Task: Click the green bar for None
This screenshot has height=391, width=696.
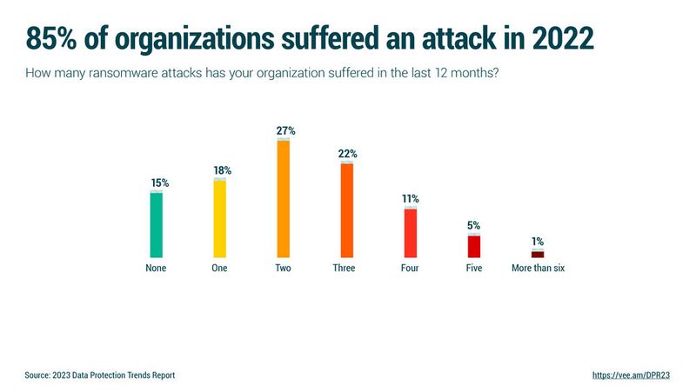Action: tap(157, 224)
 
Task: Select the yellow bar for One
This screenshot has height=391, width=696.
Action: tap(219, 218)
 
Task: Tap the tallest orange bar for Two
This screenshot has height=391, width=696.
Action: tap(283, 198)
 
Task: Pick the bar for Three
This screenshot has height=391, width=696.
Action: tap(347, 209)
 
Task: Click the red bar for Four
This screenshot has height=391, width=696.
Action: tap(411, 233)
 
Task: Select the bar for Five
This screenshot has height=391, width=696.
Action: tap(474, 246)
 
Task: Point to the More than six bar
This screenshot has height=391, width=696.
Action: tap(538, 254)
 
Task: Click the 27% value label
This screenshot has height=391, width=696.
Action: tap(286, 130)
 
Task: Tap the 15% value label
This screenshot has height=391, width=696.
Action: tap(159, 183)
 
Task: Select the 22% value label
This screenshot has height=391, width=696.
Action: tap(348, 154)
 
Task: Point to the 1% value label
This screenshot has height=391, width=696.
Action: tap(539, 242)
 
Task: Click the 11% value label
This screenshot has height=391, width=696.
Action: tap(411, 199)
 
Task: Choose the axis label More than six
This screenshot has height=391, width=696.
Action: tap(538, 268)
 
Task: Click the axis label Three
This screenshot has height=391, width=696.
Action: tap(344, 268)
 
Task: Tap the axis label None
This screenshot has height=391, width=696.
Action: tap(156, 268)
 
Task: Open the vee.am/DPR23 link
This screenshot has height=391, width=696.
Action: tap(631, 375)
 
